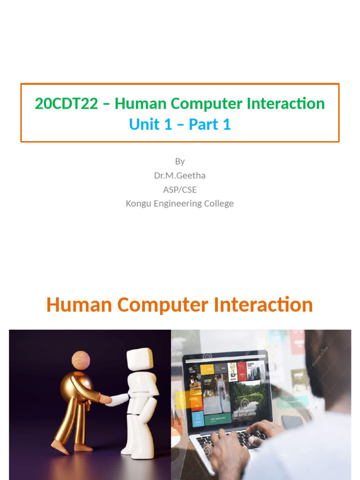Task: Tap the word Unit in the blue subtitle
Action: (144, 125)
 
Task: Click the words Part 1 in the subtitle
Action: (210, 125)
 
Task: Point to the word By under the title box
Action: (180, 161)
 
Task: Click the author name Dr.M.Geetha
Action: (180, 175)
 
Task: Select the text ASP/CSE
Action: (180, 189)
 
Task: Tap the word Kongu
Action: (137, 203)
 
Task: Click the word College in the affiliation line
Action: (218, 203)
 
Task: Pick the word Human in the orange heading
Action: (79, 305)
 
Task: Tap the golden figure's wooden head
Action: (81, 361)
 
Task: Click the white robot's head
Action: (139, 359)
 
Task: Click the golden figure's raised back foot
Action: (60, 447)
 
